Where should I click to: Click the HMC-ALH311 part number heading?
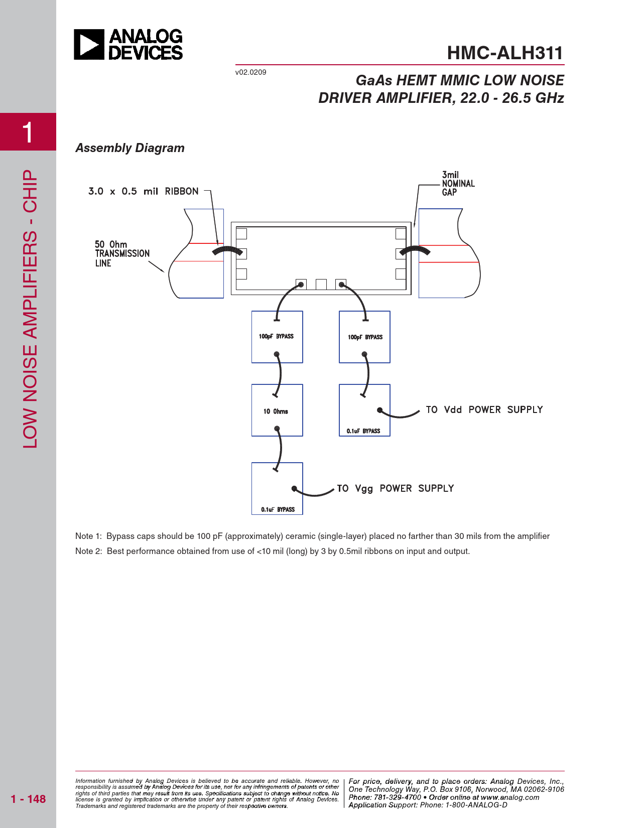click(x=504, y=53)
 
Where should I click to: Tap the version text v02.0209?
click(x=250, y=72)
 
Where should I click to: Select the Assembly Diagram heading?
click(x=130, y=148)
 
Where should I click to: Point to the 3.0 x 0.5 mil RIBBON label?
click(x=143, y=191)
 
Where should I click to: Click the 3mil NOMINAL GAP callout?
click(x=458, y=184)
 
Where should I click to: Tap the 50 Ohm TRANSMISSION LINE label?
click(x=122, y=253)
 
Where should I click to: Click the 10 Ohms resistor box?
click(x=277, y=410)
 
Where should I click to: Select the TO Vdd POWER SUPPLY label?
click(x=484, y=409)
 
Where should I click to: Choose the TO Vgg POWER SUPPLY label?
click(x=395, y=488)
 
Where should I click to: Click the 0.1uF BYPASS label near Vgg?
click(x=278, y=509)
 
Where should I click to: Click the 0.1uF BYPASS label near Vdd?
click(x=363, y=431)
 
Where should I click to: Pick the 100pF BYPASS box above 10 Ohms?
click(x=277, y=337)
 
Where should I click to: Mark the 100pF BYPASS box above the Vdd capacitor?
click(x=365, y=337)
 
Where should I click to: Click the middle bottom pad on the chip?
click(x=321, y=285)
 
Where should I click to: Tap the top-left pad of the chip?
click(x=241, y=234)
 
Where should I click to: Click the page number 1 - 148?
click(x=28, y=799)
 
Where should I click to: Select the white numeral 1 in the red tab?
click(x=28, y=132)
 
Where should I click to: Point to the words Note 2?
click(x=88, y=551)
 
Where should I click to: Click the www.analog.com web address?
click(x=510, y=797)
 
